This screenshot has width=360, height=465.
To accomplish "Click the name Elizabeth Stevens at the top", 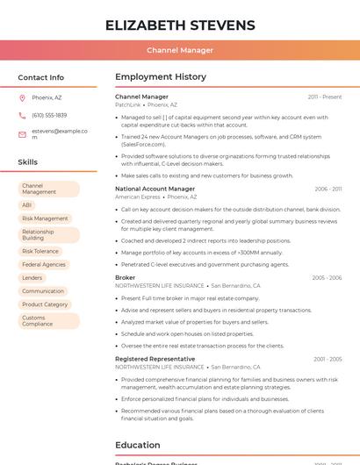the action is (180, 25).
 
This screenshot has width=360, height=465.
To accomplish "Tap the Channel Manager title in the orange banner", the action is (180, 50).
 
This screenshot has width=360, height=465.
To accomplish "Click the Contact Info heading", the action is (40, 77).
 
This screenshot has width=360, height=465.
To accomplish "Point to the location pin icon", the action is (22, 97).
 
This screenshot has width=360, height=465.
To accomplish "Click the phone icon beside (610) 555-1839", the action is (22, 115).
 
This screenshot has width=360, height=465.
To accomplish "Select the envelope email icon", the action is (22, 134).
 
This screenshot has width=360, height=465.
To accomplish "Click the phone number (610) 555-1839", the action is (49, 115).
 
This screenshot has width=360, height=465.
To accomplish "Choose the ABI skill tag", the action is (27, 205).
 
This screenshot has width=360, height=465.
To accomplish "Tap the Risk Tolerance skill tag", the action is (40, 251).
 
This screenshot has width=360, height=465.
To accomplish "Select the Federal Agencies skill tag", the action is (44, 264).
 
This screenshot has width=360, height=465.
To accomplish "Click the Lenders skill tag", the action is (32, 277).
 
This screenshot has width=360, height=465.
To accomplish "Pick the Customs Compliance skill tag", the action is (38, 321).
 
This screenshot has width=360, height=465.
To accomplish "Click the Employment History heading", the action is (161, 77).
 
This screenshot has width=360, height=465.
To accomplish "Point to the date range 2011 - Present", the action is (325, 97).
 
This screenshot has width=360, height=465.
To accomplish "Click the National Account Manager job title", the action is (155, 189).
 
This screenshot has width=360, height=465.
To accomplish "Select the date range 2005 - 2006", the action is (327, 277).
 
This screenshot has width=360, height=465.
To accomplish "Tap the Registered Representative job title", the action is (155, 359).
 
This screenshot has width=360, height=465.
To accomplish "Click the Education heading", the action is (137, 445).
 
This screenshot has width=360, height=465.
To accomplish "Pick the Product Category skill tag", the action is (45, 304).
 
